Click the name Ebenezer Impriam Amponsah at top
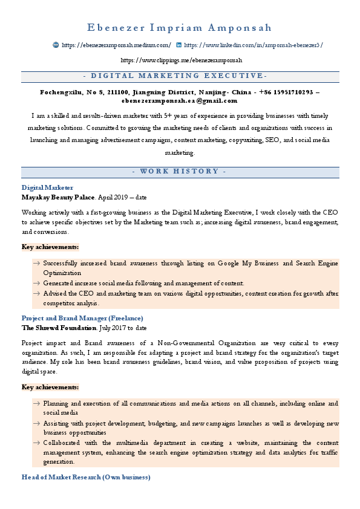[x=180, y=28]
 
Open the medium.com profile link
[x=116, y=45]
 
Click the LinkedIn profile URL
[x=254, y=45]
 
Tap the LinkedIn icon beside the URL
[x=178, y=45]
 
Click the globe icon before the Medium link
[x=56, y=45]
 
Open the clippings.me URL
[x=181, y=60]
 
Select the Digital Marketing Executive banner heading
[x=180, y=76]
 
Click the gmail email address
[x=180, y=101]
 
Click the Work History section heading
[x=180, y=172]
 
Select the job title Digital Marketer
[x=47, y=188]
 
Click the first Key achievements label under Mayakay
[x=50, y=247]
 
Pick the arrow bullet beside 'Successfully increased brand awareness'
[x=37, y=264]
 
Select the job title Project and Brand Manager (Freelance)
[x=82, y=318]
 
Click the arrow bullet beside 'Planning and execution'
[x=37, y=403]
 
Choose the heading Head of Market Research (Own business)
[x=85, y=478]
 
